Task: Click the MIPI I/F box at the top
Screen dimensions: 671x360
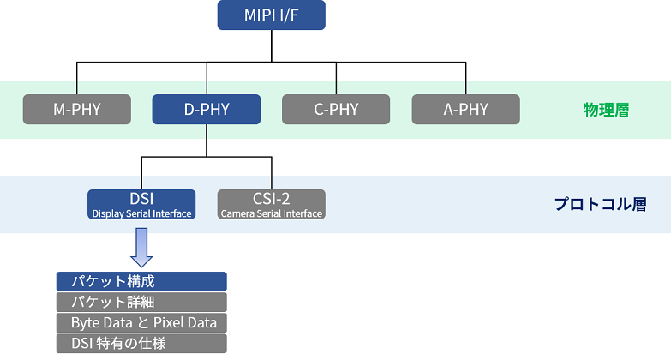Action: coord(272,15)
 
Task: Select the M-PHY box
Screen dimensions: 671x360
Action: coord(77,109)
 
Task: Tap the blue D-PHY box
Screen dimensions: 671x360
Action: coord(207,109)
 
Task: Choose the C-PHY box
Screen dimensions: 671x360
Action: coord(336,109)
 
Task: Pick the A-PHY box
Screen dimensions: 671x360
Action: coord(466,109)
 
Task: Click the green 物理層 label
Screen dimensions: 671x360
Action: coord(607,110)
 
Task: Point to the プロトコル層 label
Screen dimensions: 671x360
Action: coord(601,204)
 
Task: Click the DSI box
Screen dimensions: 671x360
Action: coord(141,205)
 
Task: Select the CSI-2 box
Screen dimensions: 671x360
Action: coord(272,205)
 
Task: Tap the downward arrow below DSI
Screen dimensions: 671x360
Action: coord(141,248)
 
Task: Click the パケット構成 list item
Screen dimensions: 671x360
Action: coord(141,282)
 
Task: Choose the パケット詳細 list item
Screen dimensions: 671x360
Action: coord(141,303)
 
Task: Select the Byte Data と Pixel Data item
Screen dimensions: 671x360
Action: coord(141,323)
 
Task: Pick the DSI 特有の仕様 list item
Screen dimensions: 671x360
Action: coord(141,344)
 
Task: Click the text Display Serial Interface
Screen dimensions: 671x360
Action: coord(141,213)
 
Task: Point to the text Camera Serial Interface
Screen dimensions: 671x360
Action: coord(272,213)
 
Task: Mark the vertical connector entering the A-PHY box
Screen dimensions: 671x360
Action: coord(466,78)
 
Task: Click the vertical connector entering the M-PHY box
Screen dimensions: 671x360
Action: coord(77,78)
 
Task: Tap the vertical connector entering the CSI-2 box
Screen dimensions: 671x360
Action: coord(272,173)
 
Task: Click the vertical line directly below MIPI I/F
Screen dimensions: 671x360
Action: coord(272,46)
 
